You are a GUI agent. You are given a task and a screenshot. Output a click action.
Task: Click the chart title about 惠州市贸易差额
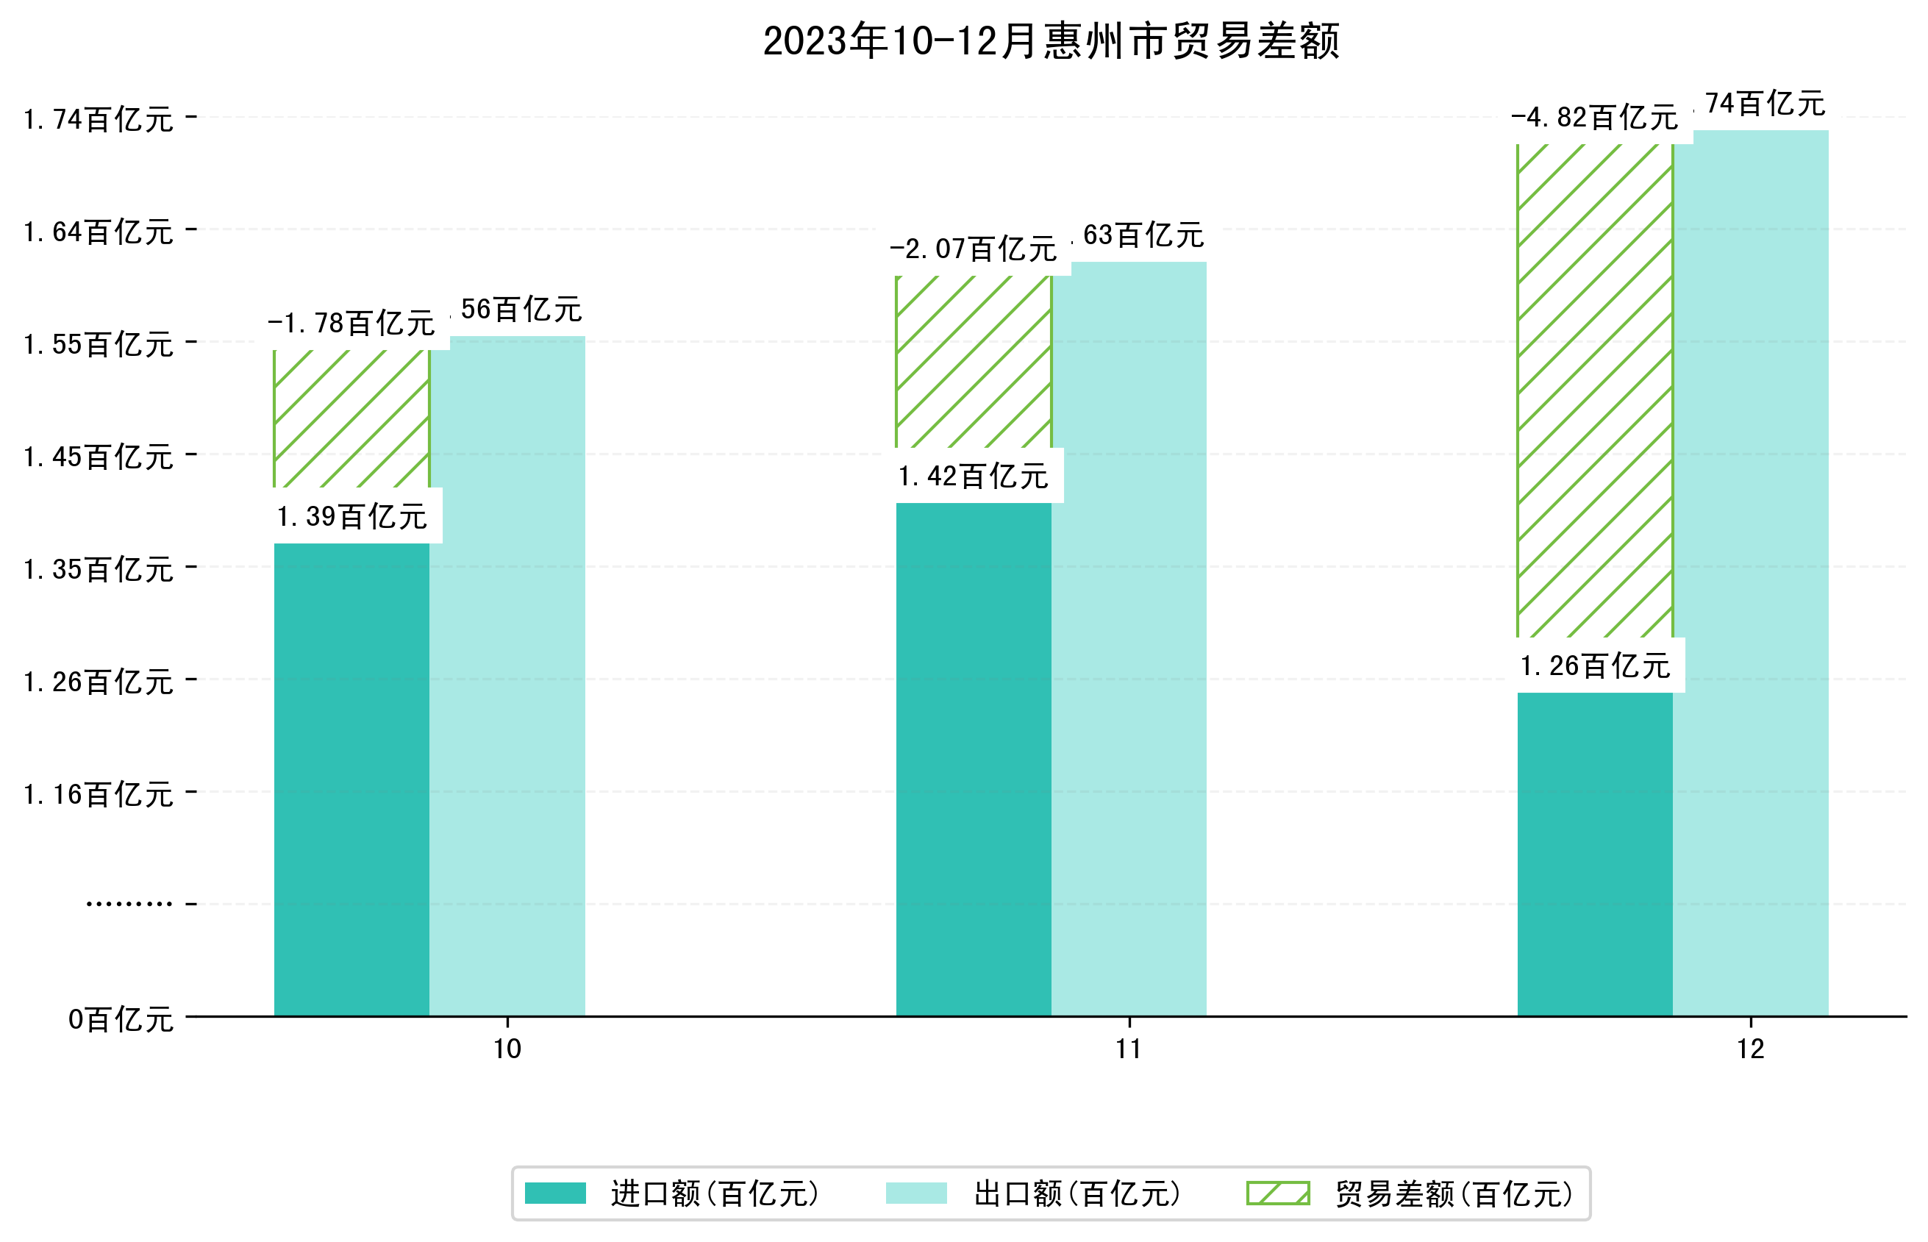pyautogui.click(x=1051, y=41)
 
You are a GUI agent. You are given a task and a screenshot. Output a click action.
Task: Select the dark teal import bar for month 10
pyautogui.click(x=351, y=778)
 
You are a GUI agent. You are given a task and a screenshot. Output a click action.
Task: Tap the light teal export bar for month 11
pyautogui.click(x=1129, y=637)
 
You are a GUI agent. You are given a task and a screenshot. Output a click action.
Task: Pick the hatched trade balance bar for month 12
pyautogui.click(x=1594, y=391)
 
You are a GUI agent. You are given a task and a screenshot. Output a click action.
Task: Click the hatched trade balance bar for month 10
pyautogui.click(x=351, y=419)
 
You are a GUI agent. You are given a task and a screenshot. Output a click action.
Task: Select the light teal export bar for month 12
pyautogui.click(x=1750, y=573)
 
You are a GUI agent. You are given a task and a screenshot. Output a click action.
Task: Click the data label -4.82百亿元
pyautogui.click(x=1594, y=118)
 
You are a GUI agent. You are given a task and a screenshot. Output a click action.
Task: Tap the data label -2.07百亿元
pyautogui.click(x=973, y=249)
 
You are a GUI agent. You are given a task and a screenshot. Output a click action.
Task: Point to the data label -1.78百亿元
pyautogui.click(x=351, y=324)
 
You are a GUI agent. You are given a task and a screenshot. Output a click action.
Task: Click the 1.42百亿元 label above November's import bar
pyautogui.click(x=973, y=477)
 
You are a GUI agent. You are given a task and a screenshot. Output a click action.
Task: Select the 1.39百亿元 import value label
pyautogui.click(x=351, y=517)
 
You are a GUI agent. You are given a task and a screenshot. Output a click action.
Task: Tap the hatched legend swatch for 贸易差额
pyautogui.click(x=1277, y=1193)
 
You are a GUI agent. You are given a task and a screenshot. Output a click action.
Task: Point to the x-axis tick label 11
pyautogui.click(x=1128, y=1049)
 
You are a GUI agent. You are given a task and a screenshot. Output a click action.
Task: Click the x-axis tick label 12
pyautogui.click(x=1750, y=1049)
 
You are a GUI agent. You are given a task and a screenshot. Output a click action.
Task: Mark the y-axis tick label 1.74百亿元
pyautogui.click(x=99, y=119)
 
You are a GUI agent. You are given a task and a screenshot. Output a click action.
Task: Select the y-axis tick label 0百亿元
pyautogui.click(x=120, y=1019)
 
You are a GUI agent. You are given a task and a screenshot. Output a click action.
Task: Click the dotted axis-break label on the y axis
pyautogui.click(x=129, y=904)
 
